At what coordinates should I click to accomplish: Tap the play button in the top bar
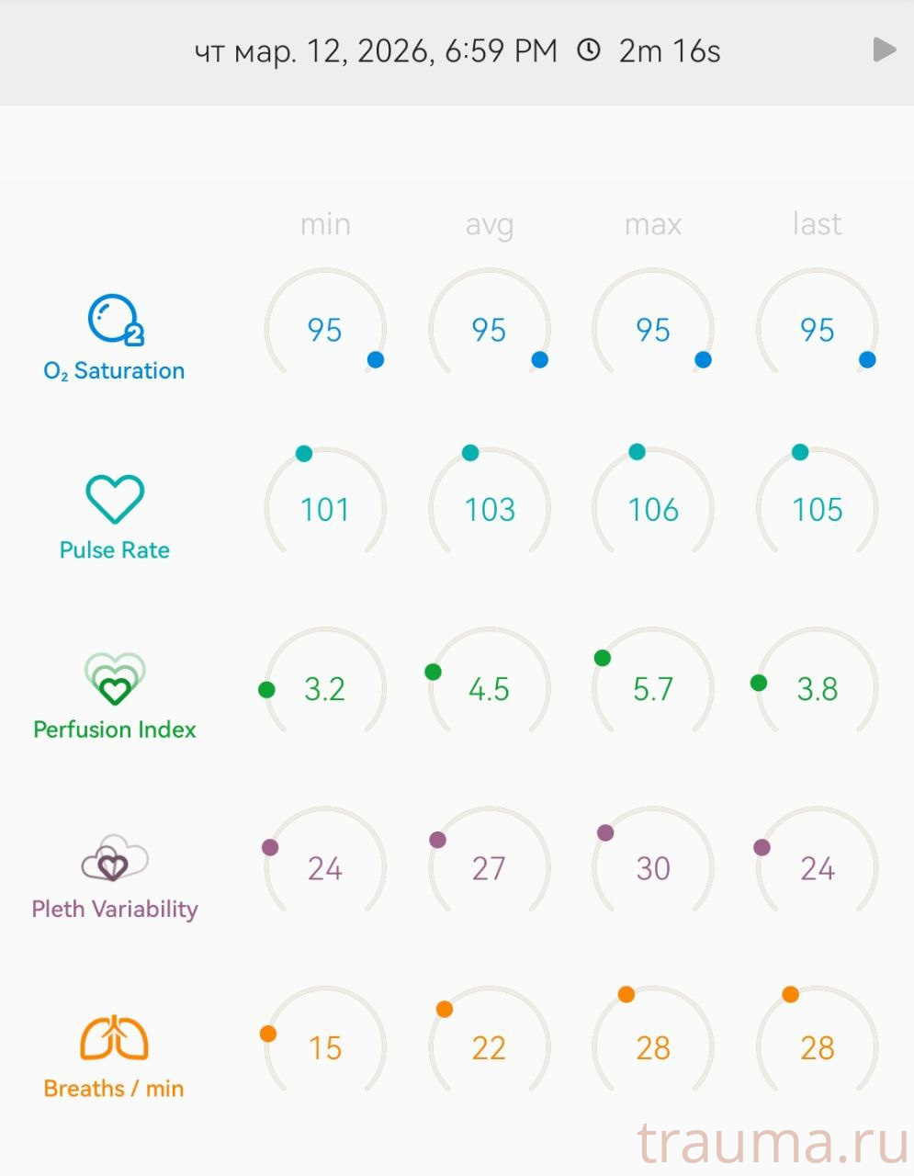point(884,50)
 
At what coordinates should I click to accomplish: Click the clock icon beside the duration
point(588,50)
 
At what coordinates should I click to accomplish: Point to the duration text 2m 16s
point(670,51)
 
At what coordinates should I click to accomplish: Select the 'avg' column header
point(489,224)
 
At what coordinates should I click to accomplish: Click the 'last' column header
point(817,224)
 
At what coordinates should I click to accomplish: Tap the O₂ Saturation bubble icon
point(115,320)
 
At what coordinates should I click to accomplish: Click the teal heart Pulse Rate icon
point(115,499)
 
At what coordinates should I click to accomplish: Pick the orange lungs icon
point(114,1038)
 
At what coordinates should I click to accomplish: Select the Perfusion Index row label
point(115,729)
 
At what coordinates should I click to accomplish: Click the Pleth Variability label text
point(115,909)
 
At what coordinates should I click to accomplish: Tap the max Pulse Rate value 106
point(653,510)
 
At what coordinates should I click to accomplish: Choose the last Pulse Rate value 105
point(817,510)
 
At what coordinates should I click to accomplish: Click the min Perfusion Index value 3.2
point(324,689)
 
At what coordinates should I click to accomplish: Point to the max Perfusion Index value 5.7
point(653,689)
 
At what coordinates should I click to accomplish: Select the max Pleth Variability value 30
point(653,868)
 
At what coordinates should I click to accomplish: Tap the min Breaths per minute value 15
point(324,1048)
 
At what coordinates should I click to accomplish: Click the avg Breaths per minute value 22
point(489,1048)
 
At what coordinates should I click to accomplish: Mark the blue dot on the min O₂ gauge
point(376,359)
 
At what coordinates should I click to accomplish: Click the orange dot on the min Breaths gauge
point(268,1034)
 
